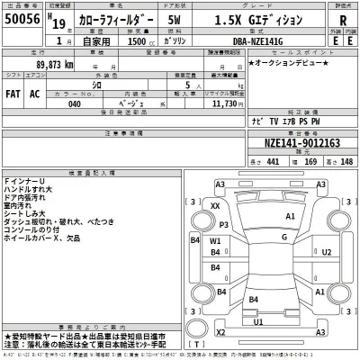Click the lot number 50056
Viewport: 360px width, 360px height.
point(25,19)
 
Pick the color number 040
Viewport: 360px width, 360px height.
point(74,103)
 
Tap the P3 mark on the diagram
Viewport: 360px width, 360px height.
point(224,225)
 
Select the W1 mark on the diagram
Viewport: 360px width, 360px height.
point(215,241)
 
